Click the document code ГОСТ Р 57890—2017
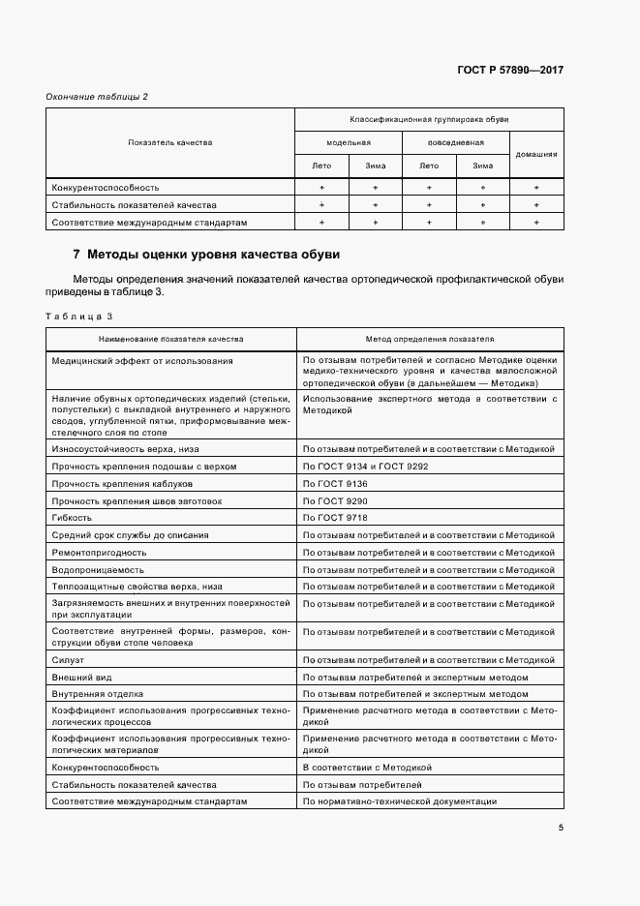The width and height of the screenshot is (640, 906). pyautogui.click(x=510, y=71)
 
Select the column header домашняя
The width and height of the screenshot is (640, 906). pyautogui.click(x=535, y=154)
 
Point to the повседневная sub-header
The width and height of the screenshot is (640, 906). pyautogui.click(x=455, y=142)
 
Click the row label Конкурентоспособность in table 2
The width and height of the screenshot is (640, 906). pyautogui.click(x=105, y=187)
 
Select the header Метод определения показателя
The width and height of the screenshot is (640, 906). pyautogui.click(x=429, y=340)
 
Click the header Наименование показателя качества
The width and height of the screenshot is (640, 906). pyautogui.click(x=170, y=340)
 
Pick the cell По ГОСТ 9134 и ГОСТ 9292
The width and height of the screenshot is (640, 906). pyautogui.click(x=364, y=467)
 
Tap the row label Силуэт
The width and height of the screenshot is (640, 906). pyautogui.click(x=68, y=659)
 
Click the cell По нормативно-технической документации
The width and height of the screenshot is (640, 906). pyautogui.click(x=400, y=801)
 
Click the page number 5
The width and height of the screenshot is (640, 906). pyautogui.click(x=561, y=828)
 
